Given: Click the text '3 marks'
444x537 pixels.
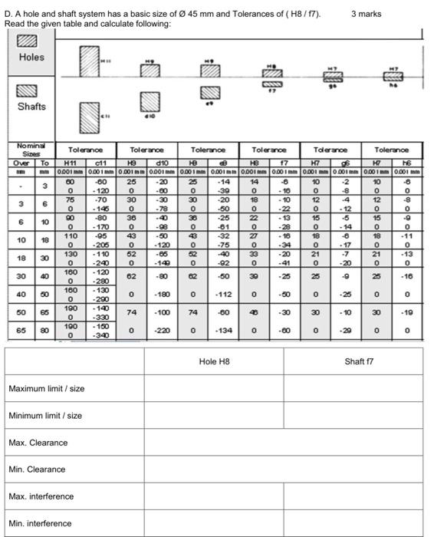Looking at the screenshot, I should point(365,14).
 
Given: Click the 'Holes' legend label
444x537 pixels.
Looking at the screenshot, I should point(31,58).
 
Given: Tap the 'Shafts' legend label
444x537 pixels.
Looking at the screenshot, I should point(31,107).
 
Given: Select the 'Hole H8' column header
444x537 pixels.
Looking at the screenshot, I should point(213,361).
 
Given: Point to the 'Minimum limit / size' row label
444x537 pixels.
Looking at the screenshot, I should point(44,416).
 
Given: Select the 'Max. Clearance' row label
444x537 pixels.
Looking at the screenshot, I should point(38,443).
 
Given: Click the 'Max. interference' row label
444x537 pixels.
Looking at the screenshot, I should point(41,496).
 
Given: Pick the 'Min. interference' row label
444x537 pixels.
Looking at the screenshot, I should point(40,523).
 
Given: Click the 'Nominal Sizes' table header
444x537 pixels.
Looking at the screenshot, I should point(31,150).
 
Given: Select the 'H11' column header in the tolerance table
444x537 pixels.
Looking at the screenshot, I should point(70,163).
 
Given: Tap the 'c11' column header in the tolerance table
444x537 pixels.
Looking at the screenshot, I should point(100,163).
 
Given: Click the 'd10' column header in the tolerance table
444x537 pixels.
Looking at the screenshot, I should point(161,163).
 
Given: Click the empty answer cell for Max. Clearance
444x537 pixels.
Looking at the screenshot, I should point(283,443).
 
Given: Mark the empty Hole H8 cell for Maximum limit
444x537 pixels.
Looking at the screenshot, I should point(213,389).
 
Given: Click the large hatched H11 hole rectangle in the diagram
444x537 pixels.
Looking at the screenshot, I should point(90,61).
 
